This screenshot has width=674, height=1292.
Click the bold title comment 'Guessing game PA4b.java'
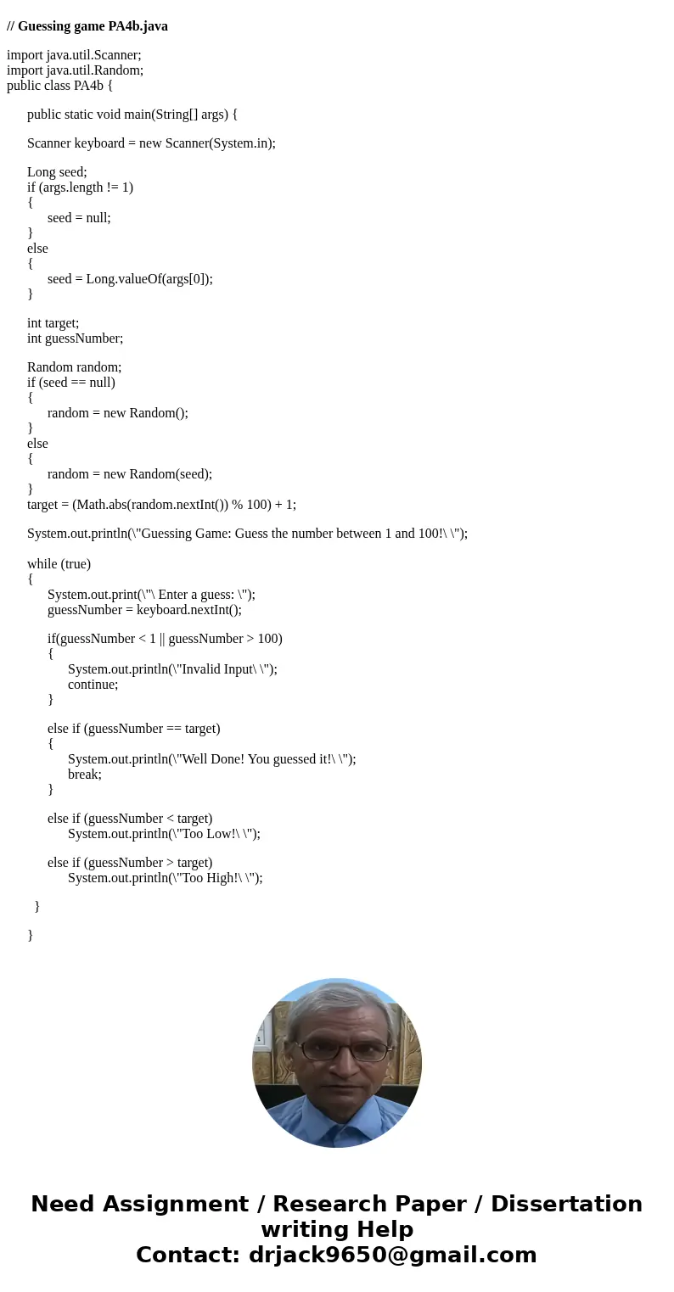click(93, 26)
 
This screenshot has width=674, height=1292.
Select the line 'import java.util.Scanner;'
click(74, 55)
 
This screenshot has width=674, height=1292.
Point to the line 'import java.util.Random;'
click(75, 70)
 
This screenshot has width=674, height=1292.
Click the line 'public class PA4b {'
click(59, 86)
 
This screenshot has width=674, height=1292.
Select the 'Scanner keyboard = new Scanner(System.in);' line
click(151, 143)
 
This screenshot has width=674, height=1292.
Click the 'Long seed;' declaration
click(57, 172)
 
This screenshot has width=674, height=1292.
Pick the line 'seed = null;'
click(79, 218)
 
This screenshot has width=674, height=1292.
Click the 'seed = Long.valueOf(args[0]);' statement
click(130, 279)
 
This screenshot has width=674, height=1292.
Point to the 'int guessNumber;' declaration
click(75, 338)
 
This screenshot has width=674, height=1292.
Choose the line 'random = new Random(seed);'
click(130, 474)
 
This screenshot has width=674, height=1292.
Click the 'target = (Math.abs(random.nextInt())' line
click(161, 505)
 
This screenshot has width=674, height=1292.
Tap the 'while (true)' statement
click(59, 564)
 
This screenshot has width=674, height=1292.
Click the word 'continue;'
click(93, 685)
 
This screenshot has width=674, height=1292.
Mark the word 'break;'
click(85, 775)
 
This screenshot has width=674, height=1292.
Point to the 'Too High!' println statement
click(165, 878)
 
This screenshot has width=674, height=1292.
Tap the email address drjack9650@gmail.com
click(392, 1255)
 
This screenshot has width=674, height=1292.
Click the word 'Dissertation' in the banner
click(566, 1204)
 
